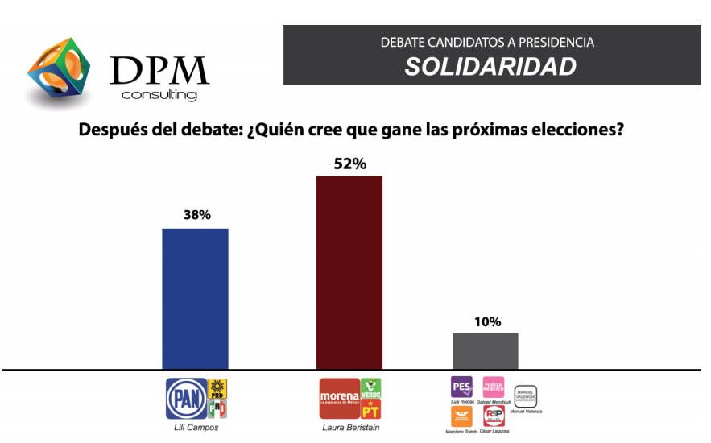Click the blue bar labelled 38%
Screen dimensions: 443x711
coord(195,298)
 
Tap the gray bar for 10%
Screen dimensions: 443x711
coord(486,350)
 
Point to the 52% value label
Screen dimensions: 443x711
coord(349,164)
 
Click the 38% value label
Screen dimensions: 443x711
coord(196,215)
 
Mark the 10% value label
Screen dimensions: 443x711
coord(486,321)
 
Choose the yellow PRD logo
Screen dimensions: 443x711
coord(217,388)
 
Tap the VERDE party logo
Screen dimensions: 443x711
coord(370,387)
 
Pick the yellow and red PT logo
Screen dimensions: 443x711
coord(370,408)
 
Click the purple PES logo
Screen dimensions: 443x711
coord(461,386)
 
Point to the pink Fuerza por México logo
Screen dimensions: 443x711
coord(493,386)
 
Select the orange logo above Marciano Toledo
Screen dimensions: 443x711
coord(461,416)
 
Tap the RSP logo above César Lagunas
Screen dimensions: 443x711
coord(493,416)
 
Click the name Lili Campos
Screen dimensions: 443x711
coord(197,427)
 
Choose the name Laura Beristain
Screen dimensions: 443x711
coord(349,427)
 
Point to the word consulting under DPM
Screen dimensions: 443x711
coord(159,95)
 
